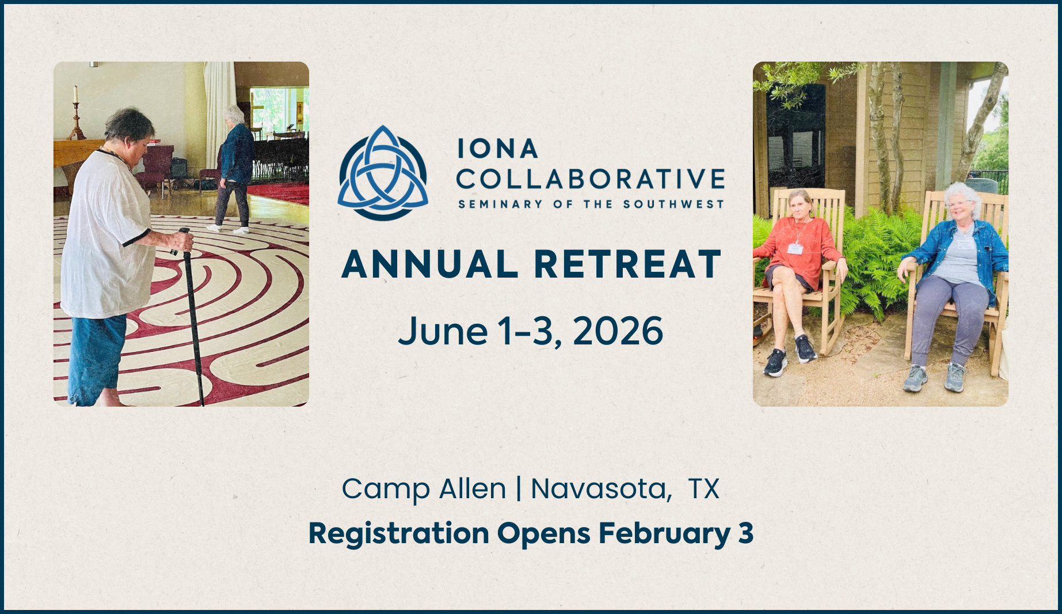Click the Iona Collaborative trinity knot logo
tap(383, 172)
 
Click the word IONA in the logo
tap(498, 149)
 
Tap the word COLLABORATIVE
tap(591, 179)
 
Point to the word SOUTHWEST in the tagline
tap(673, 204)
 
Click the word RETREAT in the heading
tap(627, 264)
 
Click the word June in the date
tap(443, 331)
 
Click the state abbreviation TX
tap(704, 489)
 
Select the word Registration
tap(399, 533)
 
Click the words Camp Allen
tap(424, 489)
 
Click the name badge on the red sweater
tap(795, 248)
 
